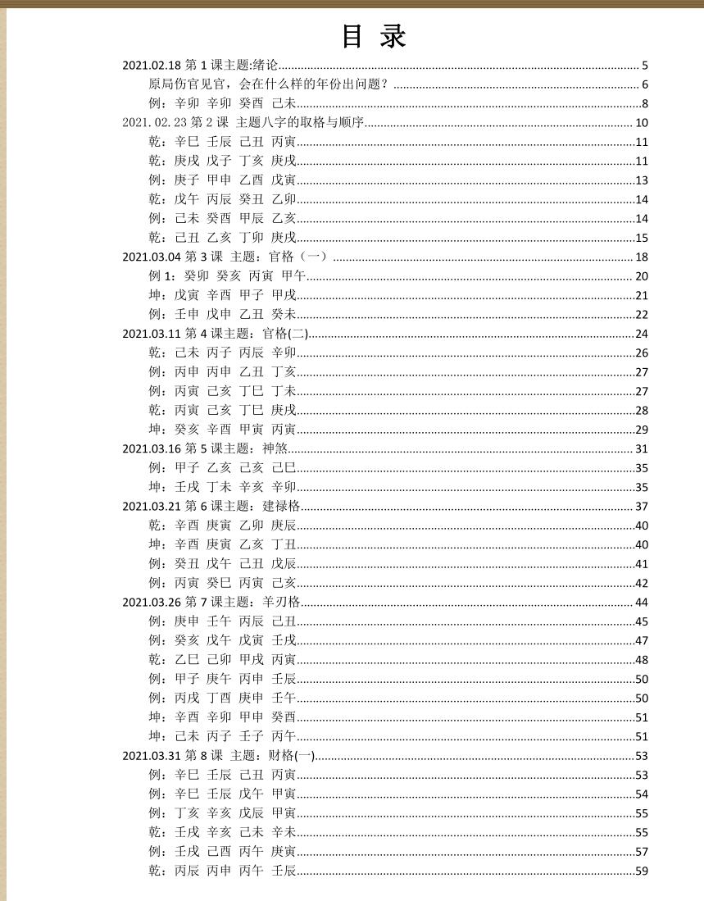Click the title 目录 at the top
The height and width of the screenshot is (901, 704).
tap(374, 37)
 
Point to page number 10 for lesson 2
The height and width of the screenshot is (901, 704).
tap(641, 123)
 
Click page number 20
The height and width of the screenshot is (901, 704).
tap(641, 276)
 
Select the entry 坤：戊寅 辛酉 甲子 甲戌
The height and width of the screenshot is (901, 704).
tap(222, 295)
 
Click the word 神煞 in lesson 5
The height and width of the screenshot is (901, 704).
tap(275, 448)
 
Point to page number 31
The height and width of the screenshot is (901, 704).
tap(641, 448)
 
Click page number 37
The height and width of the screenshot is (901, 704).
tap(641, 506)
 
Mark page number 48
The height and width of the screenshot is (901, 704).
tap(641, 660)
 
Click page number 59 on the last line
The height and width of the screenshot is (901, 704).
tap(641, 871)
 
